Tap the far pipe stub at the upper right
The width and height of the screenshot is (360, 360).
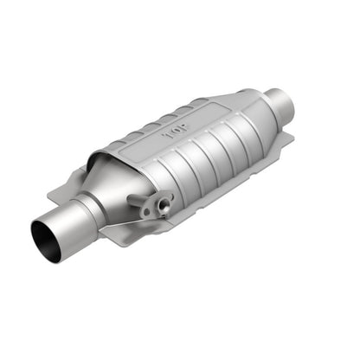[280, 103]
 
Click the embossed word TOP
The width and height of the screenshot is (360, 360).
[177, 132]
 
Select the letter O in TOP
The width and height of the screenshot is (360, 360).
[177, 132]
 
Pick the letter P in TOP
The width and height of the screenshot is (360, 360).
[183, 128]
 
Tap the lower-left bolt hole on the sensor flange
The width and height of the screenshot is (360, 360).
[147, 213]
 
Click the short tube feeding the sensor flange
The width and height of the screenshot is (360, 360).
[135, 200]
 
